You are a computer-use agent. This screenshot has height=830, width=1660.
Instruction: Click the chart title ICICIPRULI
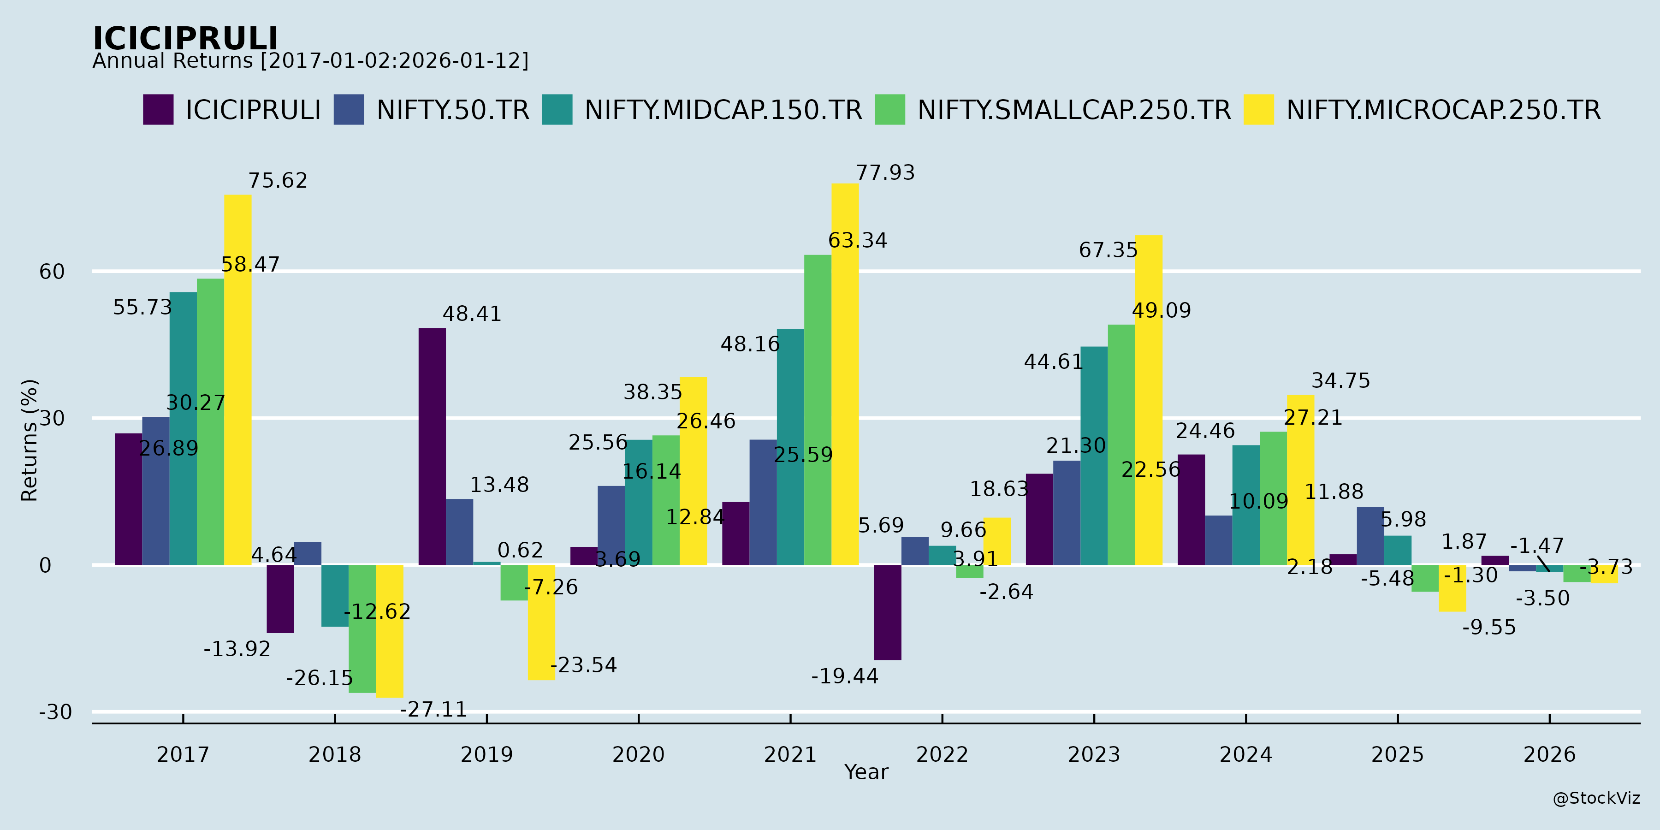coord(185,39)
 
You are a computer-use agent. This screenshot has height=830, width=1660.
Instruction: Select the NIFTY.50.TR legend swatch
coord(349,110)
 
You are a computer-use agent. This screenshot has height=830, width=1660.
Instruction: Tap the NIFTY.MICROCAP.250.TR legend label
coord(1443,110)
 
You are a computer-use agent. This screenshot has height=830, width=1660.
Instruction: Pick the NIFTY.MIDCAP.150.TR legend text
coord(723,110)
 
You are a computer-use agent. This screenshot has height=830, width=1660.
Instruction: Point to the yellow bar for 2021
coord(845,374)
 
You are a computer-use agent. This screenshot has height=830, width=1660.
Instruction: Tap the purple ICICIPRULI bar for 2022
coord(887,612)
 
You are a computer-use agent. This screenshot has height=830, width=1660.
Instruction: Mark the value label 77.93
coord(885,173)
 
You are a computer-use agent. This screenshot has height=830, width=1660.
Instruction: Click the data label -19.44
coord(844,676)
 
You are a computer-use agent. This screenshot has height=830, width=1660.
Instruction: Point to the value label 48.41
coord(472,314)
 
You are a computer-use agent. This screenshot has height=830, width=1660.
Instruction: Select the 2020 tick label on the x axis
coord(638,754)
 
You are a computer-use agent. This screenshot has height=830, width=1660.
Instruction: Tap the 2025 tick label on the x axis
coord(1397,754)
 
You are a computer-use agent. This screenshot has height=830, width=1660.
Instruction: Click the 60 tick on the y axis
coord(52,271)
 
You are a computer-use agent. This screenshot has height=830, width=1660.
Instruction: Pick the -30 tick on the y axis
coord(55,712)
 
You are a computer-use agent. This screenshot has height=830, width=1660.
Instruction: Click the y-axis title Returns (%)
coord(30,440)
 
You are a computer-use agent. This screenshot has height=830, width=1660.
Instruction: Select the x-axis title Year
coord(866,772)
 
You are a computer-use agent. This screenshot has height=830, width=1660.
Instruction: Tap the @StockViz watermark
coord(1596,799)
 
